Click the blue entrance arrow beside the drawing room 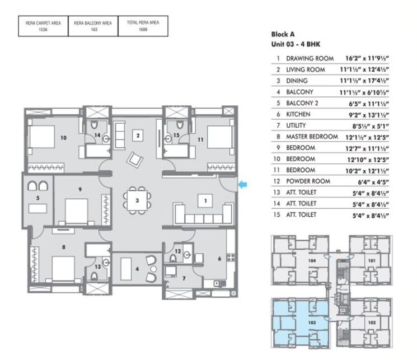242,184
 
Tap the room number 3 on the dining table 137,200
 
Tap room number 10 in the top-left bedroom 63,137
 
